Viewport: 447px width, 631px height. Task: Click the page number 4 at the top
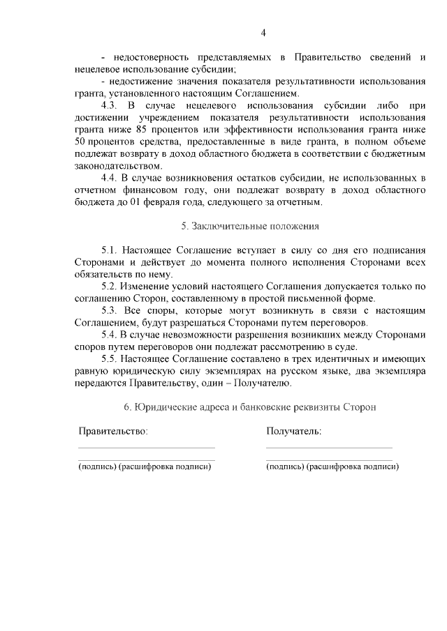pyautogui.click(x=263, y=33)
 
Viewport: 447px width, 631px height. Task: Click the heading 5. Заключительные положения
pyautogui.click(x=249, y=227)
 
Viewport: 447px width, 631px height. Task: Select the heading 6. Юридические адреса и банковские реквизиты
pyautogui.click(x=249, y=407)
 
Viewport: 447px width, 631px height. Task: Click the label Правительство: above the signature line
pyautogui.click(x=112, y=432)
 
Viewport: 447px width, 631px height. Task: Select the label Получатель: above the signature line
pyautogui.click(x=293, y=432)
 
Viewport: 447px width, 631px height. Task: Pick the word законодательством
pyautogui.click(x=117, y=166)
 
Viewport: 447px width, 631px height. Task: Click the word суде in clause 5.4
pyautogui.click(x=345, y=347)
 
